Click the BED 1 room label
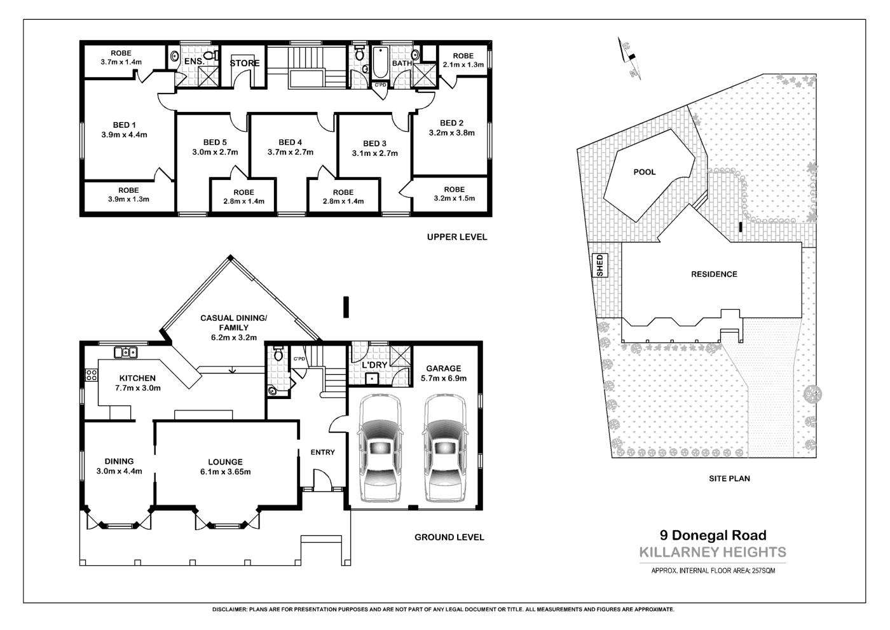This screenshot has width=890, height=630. tap(124, 125)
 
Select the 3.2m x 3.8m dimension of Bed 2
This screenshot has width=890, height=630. tap(451, 133)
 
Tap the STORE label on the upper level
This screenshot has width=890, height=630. tap(245, 63)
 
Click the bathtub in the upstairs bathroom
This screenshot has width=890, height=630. tap(380, 63)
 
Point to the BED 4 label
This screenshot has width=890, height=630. tap(290, 142)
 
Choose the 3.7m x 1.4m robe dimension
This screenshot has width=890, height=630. tap(121, 62)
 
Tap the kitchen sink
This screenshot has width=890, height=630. tap(126, 352)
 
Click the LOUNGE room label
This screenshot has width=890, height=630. tap(225, 462)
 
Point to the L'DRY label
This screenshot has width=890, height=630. tap(374, 365)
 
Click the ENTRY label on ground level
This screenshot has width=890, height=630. tap(322, 452)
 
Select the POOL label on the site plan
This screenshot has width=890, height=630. tap(644, 172)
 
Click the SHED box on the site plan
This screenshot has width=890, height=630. tap(599, 265)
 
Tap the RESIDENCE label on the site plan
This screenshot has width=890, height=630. tap(714, 274)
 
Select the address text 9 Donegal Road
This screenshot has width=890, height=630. tap(713, 536)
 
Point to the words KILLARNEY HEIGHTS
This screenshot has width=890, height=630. tap(712, 552)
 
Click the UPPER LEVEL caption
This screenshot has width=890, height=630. tap(456, 237)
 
